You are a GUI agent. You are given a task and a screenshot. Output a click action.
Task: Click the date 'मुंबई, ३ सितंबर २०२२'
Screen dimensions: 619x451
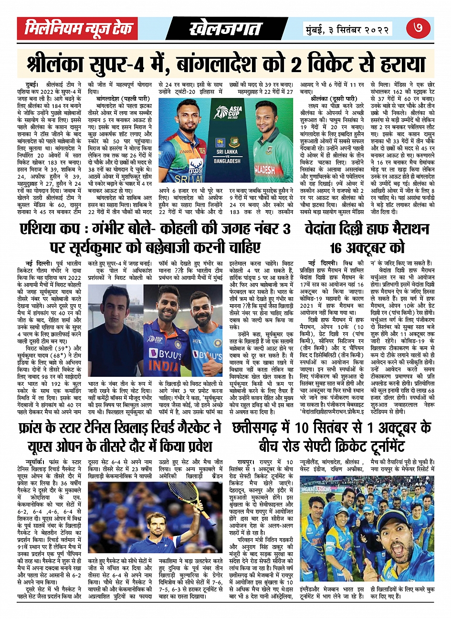(347, 29)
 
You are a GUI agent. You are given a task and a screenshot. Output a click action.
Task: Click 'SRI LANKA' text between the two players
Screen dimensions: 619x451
(227, 152)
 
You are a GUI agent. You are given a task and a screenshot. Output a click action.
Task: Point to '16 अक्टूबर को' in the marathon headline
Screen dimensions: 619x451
(367, 248)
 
